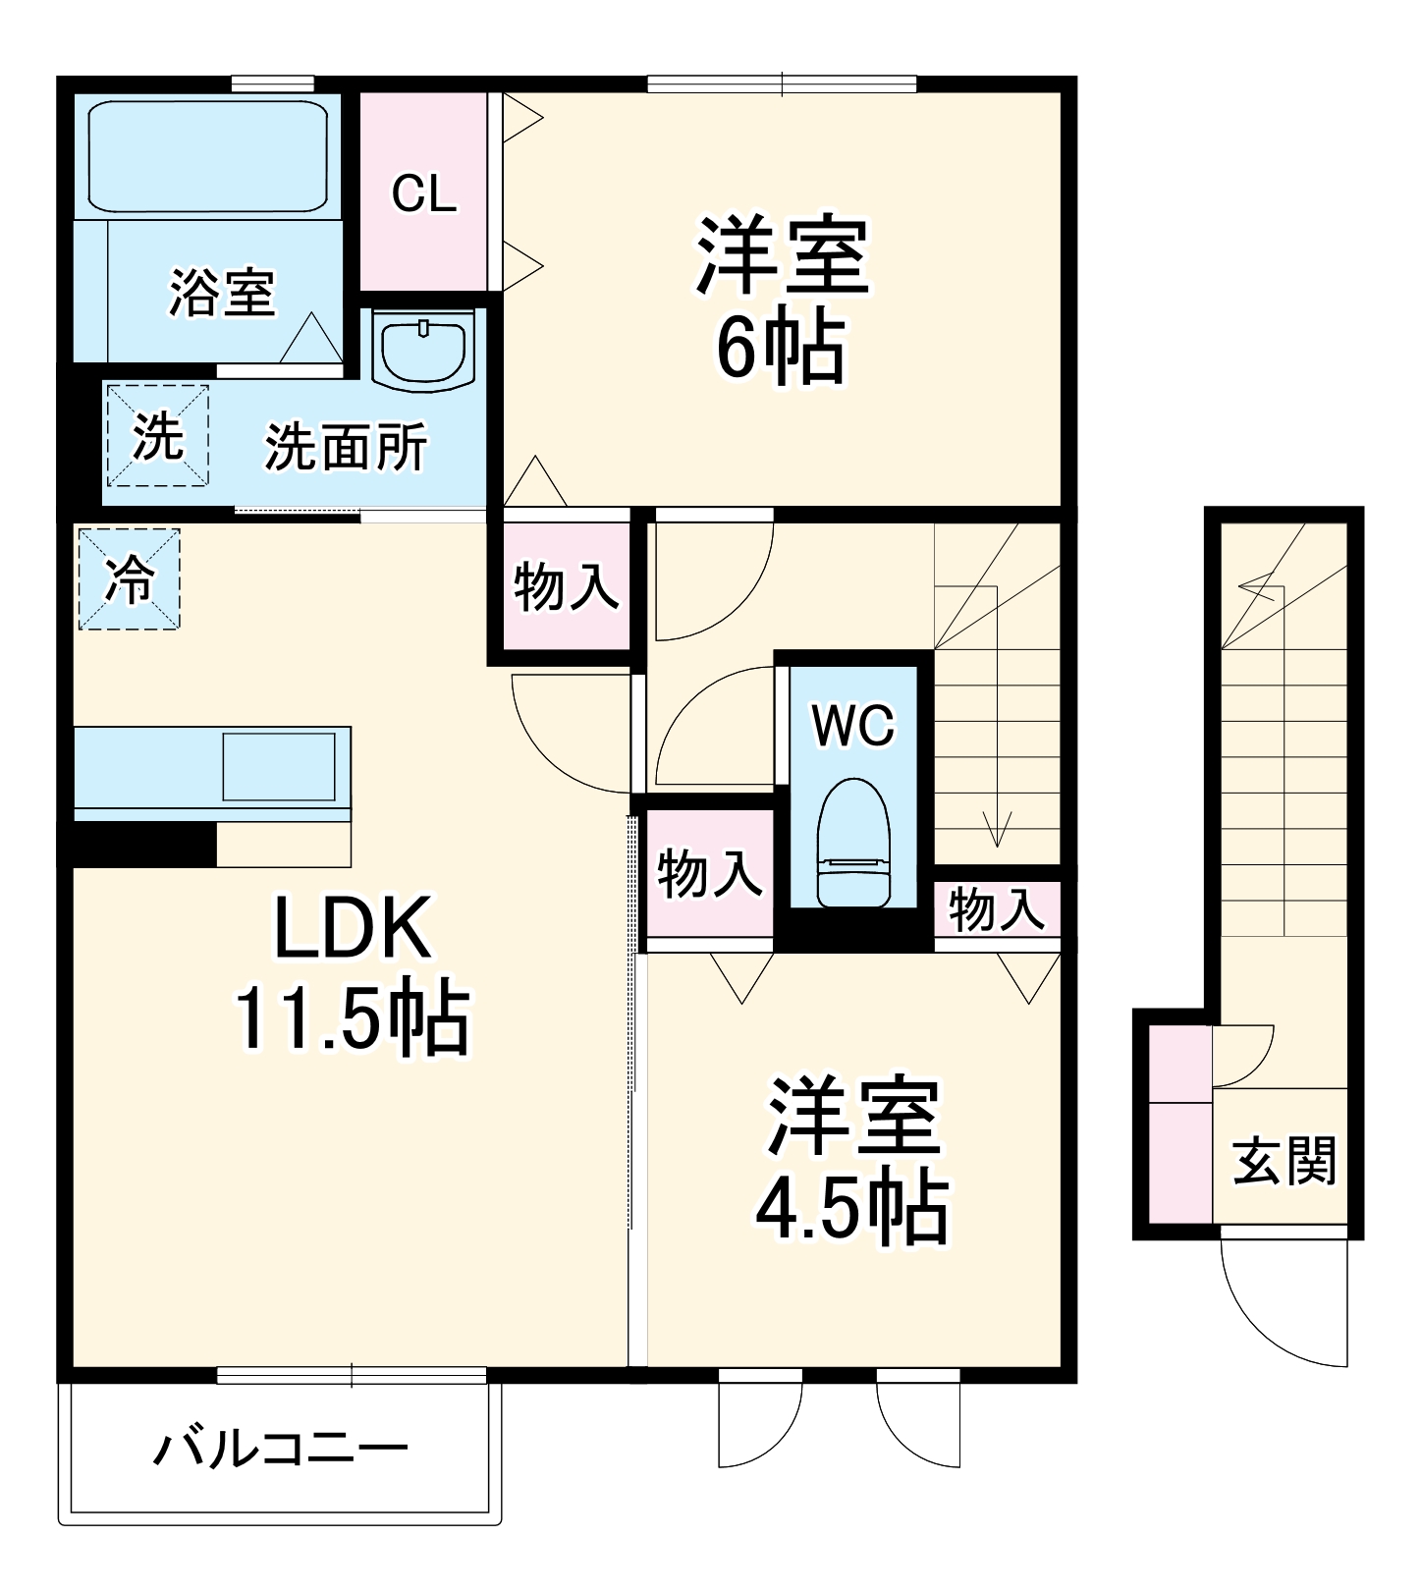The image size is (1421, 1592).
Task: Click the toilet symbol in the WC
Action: point(852,843)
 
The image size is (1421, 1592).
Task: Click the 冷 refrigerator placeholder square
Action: point(129,579)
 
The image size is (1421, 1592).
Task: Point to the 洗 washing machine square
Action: point(158,435)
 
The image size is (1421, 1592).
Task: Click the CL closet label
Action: point(423,193)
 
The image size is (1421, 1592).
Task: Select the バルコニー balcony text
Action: point(280,1449)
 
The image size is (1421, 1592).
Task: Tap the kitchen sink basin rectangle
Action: point(279,767)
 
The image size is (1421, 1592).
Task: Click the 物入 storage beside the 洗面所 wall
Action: point(566,586)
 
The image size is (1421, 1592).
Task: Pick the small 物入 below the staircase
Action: point(996,908)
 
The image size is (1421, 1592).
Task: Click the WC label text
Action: point(852,726)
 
